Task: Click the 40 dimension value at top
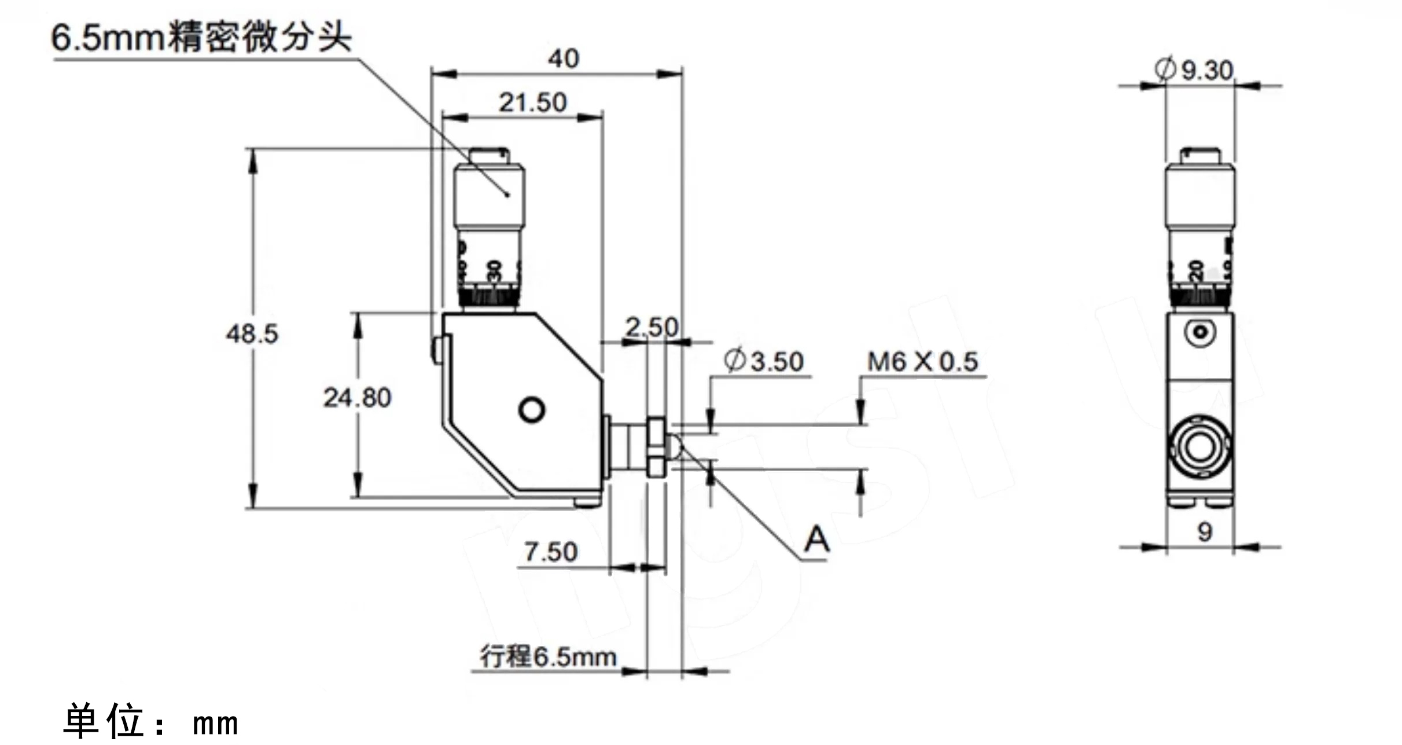tap(563, 59)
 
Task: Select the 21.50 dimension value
tap(532, 103)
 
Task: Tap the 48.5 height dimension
tap(252, 334)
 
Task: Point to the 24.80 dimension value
tap(357, 398)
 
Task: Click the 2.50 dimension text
tap(652, 328)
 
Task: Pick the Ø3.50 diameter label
tap(763, 362)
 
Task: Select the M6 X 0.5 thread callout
tap(922, 362)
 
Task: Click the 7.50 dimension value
tap(550, 552)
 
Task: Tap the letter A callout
tap(816, 540)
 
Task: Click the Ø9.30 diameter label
tap(1194, 70)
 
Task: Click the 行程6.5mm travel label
tap(548, 657)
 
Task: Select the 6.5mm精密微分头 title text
tap(201, 38)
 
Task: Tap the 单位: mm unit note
tap(150, 721)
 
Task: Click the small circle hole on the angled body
tap(531, 410)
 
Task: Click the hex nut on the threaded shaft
tap(656, 446)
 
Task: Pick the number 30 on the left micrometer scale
tap(494, 271)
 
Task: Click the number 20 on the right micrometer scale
tap(1195, 271)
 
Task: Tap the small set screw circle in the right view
tap(1200, 332)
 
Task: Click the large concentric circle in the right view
tap(1199, 447)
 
